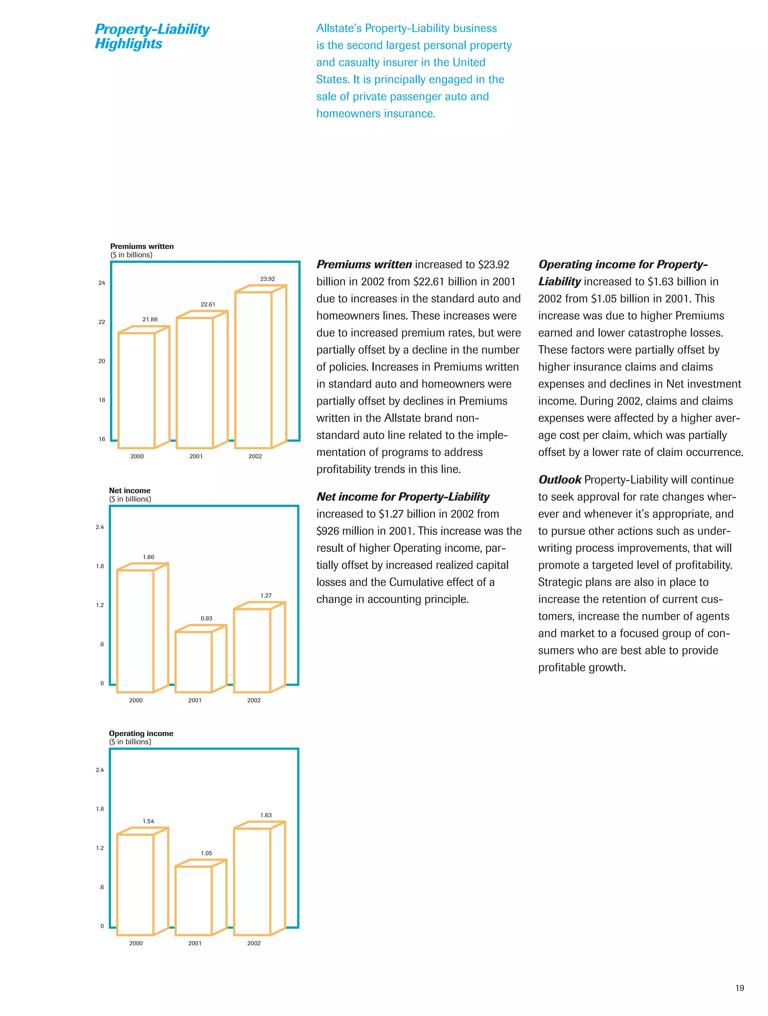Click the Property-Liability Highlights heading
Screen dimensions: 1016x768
point(151,36)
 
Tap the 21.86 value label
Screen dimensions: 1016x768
point(150,319)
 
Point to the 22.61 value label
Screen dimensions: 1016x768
point(208,304)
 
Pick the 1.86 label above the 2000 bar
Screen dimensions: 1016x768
point(148,557)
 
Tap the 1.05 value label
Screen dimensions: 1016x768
point(206,853)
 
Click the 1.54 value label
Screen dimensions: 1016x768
point(148,821)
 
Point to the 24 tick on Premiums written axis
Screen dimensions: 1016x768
point(102,283)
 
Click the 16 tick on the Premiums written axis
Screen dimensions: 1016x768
point(102,439)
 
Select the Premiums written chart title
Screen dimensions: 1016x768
point(141,246)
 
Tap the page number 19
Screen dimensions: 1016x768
point(739,988)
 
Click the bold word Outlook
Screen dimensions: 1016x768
point(559,480)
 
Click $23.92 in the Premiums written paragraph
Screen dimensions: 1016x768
point(493,265)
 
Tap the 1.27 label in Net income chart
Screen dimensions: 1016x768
point(266,595)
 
